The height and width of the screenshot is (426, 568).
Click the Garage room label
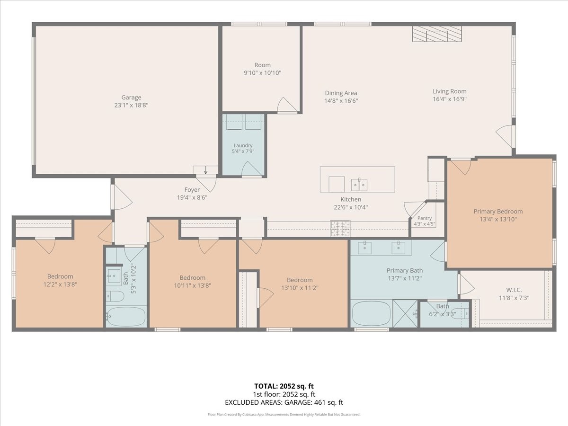tap(131, 97)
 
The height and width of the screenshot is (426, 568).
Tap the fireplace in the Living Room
tap(437, 34)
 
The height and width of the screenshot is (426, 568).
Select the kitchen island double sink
tap(359, 185)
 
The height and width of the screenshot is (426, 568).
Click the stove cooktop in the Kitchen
tap(340, 229)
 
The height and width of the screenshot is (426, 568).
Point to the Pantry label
tap(425, 218)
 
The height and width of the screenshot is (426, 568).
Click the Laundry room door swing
tap(251, 169)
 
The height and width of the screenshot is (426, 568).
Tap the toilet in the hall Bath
tap(115, 296)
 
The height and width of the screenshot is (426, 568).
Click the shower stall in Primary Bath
tap(405, 314)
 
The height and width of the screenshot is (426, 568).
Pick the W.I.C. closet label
tap(514, 290)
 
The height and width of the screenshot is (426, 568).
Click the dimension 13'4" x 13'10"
tap(498, 219)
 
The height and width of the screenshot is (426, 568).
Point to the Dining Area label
tap(341, 93)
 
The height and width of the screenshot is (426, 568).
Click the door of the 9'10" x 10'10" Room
tap(287, 105)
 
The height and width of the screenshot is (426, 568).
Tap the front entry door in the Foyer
tap(122, 197)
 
